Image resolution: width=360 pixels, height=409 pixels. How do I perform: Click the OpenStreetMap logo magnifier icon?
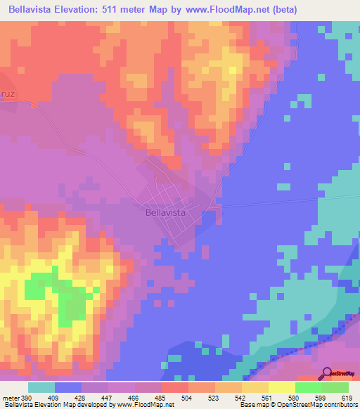[x=325, y=372]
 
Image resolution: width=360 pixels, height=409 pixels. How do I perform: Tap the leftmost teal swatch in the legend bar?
[x=41, y=387]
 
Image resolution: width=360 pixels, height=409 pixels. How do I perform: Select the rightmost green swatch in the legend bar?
[x=335, y=387]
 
